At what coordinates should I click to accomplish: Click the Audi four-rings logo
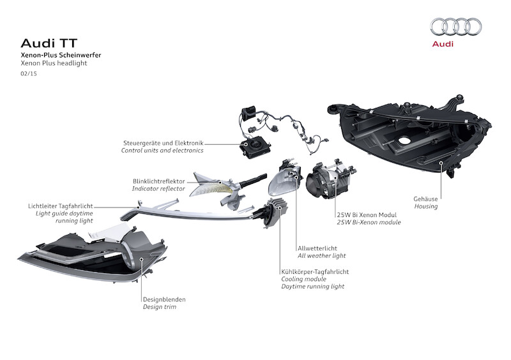coord(455,26)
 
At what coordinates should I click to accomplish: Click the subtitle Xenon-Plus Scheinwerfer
coord(61,56)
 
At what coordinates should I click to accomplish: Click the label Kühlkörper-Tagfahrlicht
coord(314,271)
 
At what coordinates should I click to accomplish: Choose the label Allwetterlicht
coord(317,248)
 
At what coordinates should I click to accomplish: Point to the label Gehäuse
coord(426,199)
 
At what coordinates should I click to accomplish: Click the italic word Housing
coord(425,207)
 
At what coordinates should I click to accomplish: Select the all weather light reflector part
coord(285,181)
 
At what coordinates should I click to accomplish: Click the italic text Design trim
coord(159,307)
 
